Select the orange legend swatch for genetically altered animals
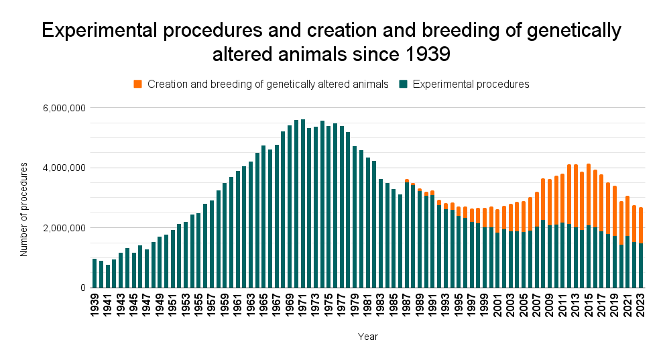[138, 84]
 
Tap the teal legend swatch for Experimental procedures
[404, 84]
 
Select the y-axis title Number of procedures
[24, 209]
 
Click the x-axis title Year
[367, 337]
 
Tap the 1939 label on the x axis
[95, 305]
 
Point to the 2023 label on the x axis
[641, 305]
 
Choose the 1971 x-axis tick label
[303, 305]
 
